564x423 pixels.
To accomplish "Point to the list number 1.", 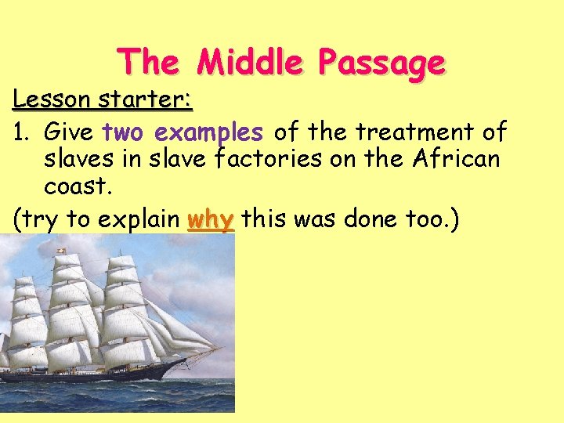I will (21, 131).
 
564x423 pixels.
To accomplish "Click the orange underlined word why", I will (211, 220).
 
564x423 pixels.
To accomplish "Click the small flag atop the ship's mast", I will (57, 251).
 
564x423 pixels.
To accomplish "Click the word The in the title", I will (150, 62).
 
